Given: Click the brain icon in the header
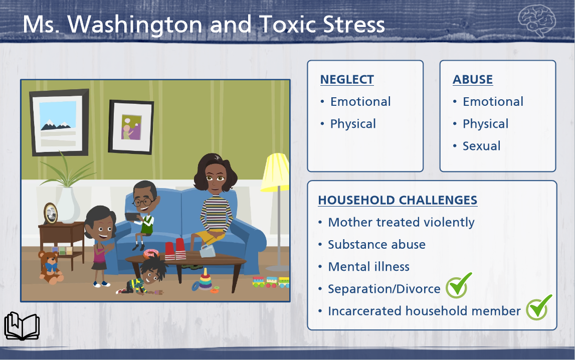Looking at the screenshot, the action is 536,21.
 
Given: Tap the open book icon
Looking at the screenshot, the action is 22,326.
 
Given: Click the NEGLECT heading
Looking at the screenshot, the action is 347,80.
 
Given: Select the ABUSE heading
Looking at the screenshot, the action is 473,80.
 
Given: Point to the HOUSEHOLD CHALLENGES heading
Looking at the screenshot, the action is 398,200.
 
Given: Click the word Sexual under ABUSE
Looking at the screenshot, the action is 481,146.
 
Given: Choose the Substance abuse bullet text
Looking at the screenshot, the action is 376,245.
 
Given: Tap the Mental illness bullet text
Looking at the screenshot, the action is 368,267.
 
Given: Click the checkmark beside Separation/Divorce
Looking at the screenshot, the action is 458,285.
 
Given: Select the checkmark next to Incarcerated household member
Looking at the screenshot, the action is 539,307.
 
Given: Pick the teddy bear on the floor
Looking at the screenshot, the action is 51,267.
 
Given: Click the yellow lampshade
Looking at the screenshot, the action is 275,172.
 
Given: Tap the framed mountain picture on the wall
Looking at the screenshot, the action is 60,122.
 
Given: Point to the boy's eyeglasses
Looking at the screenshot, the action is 143,202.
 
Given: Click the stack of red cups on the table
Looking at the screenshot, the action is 175,250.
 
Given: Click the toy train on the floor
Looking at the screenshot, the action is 271,282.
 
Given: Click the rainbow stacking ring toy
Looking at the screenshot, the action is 205,281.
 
